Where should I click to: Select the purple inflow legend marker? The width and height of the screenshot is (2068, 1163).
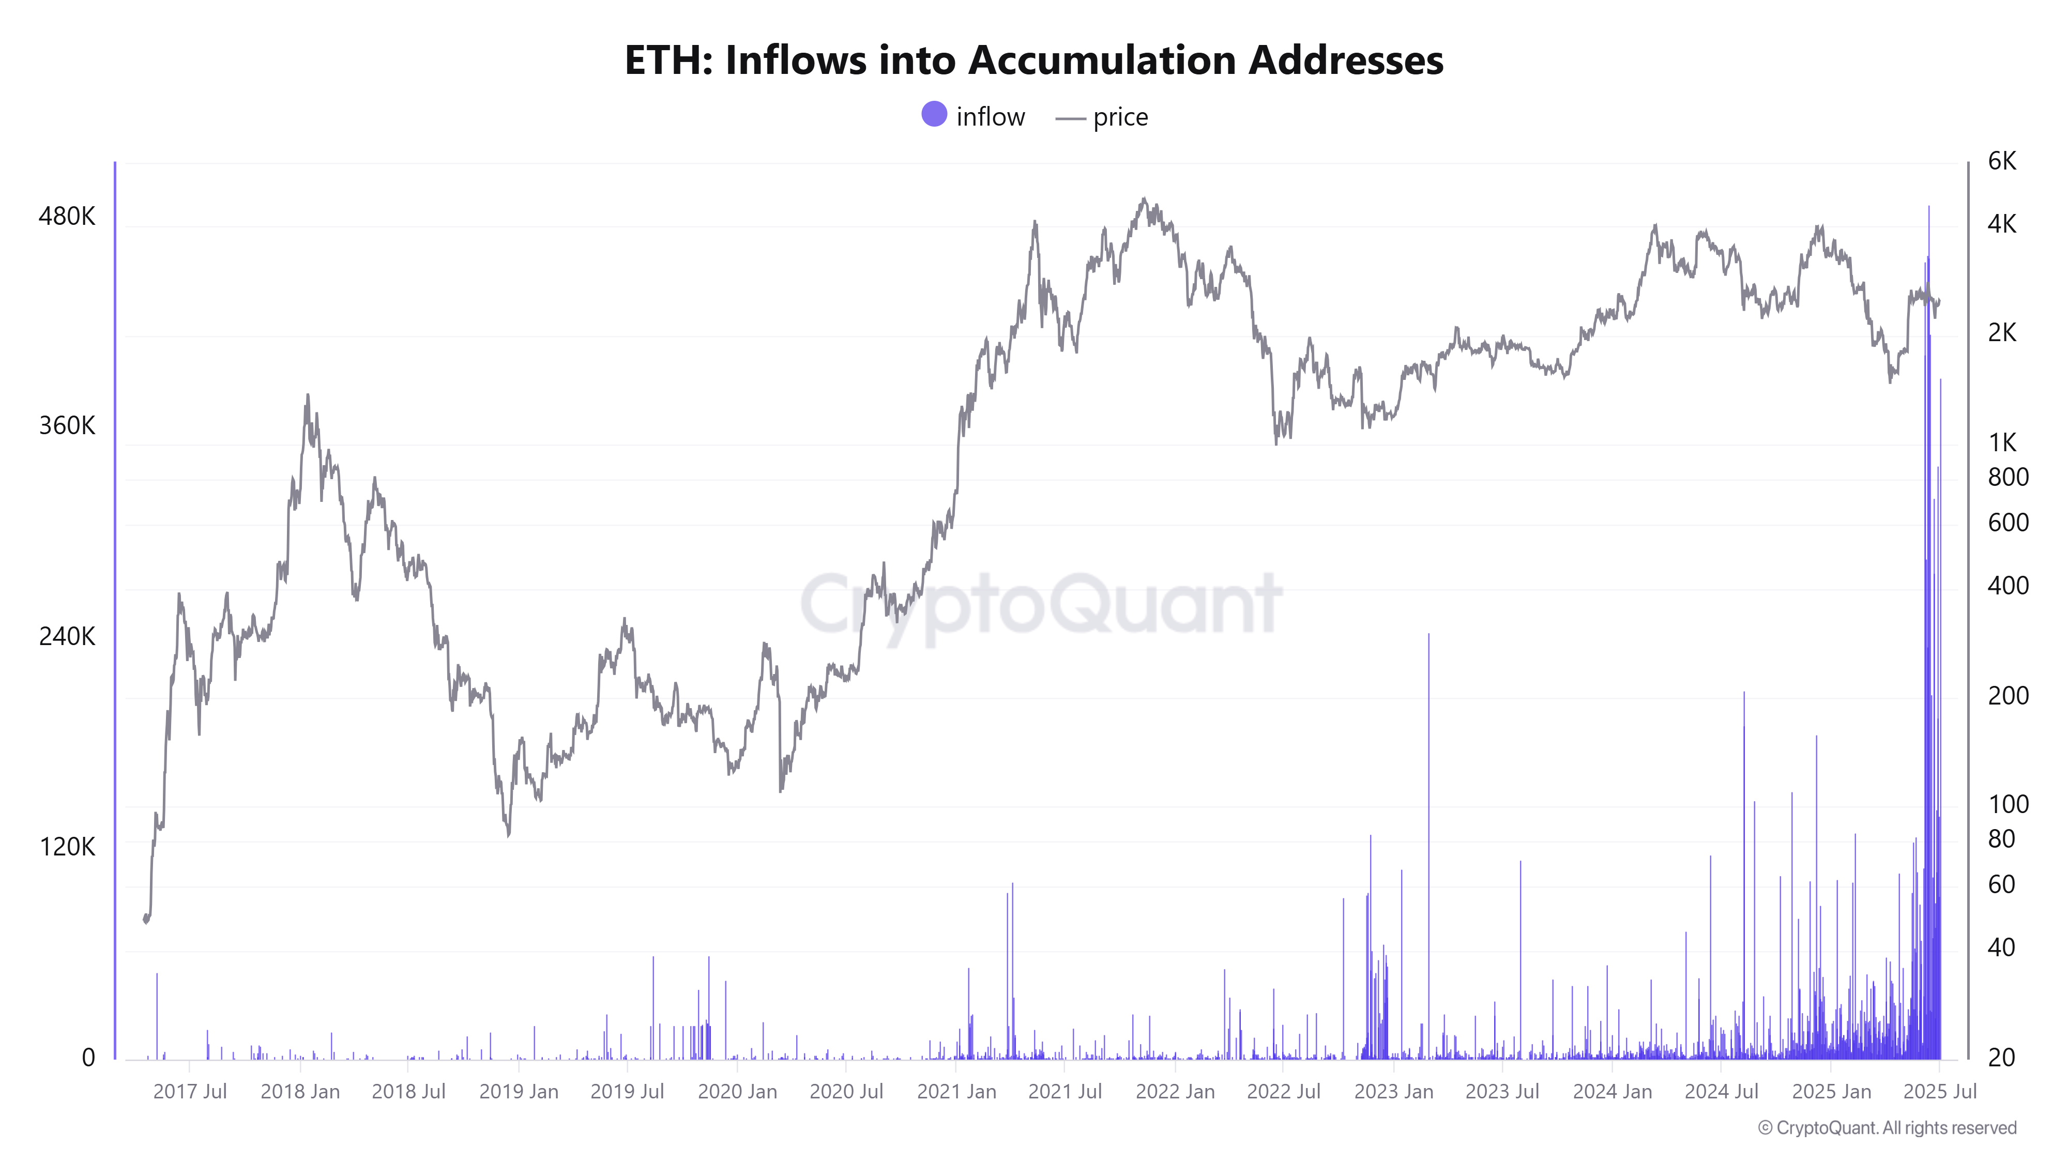934,115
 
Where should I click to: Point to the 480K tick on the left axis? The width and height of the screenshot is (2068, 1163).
67,216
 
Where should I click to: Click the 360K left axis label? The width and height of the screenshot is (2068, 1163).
67,425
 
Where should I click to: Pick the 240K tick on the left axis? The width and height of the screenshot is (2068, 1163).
67,636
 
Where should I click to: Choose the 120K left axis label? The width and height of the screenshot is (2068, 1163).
67,847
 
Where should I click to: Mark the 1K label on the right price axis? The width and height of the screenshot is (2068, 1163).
2002,442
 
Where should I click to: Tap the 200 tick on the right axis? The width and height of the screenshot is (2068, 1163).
2008,695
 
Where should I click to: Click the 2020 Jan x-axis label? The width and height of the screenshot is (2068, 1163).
737,1092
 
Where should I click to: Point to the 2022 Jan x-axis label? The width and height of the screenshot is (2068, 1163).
1175,1092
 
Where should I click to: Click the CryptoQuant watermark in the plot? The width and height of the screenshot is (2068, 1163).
1041,604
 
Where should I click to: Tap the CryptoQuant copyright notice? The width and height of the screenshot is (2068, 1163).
1887,1128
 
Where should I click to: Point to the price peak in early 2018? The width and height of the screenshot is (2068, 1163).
308,396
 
